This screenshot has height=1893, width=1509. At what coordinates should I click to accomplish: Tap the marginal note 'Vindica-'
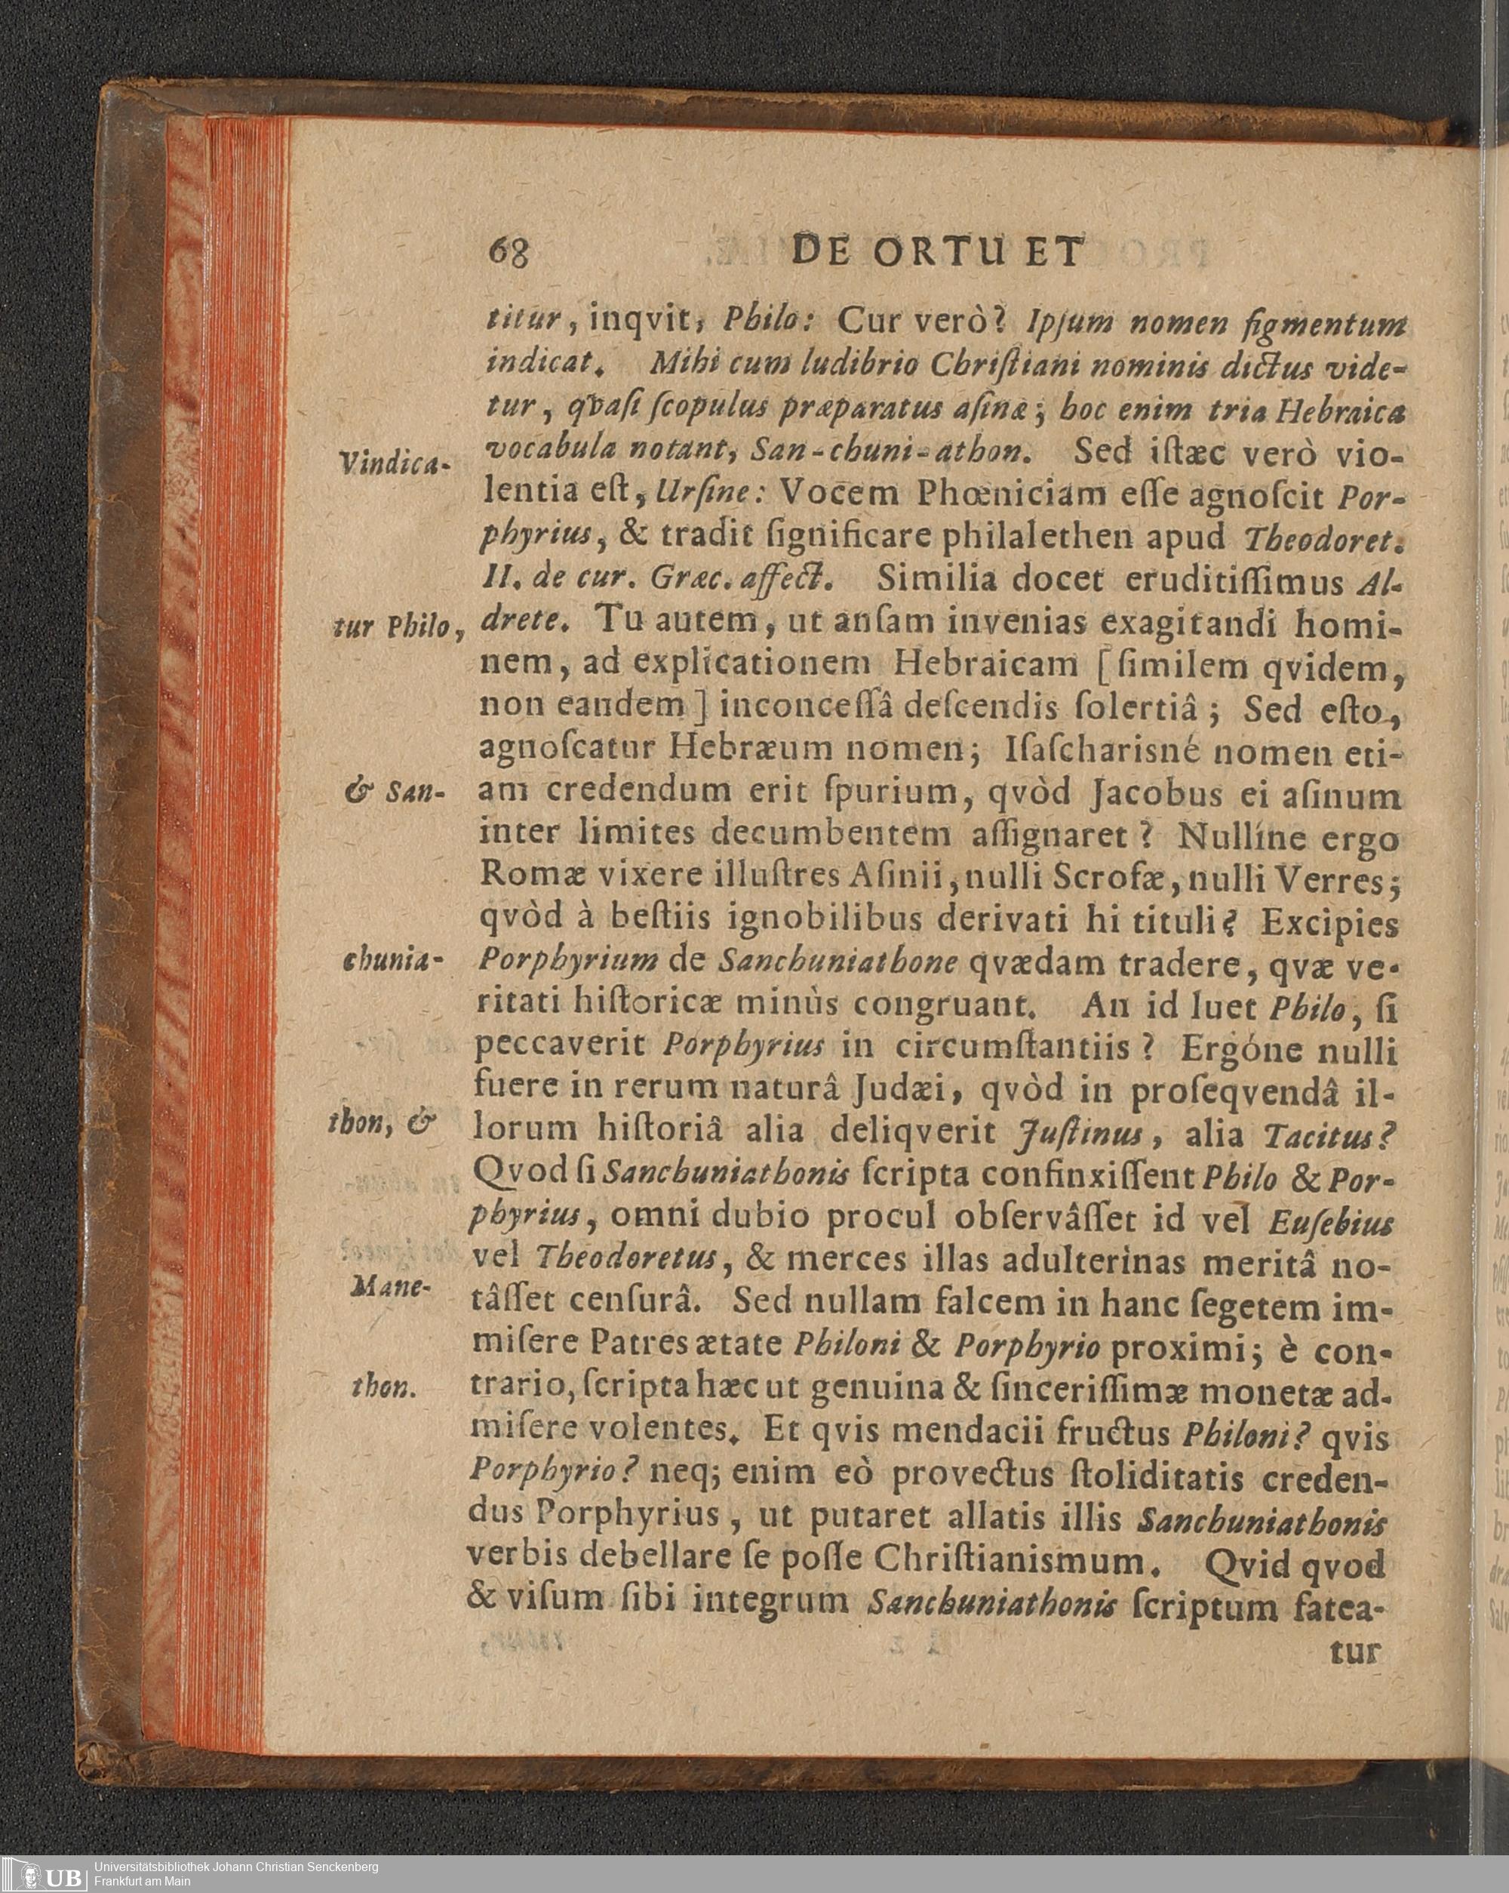393,463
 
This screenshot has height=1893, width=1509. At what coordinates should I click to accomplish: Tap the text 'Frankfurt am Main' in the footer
141,1881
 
